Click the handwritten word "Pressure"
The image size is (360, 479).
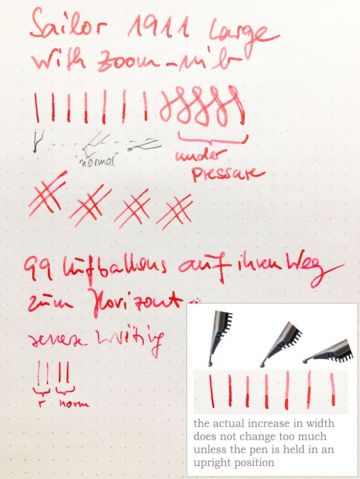(227, 173)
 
